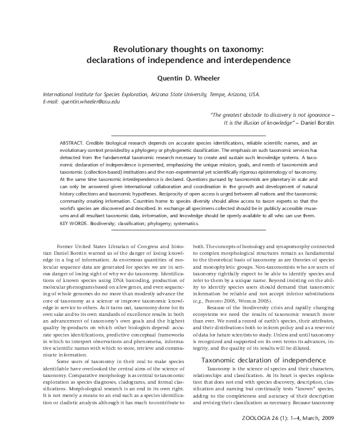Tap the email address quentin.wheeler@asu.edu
point(94,102)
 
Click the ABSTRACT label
point(73,141)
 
